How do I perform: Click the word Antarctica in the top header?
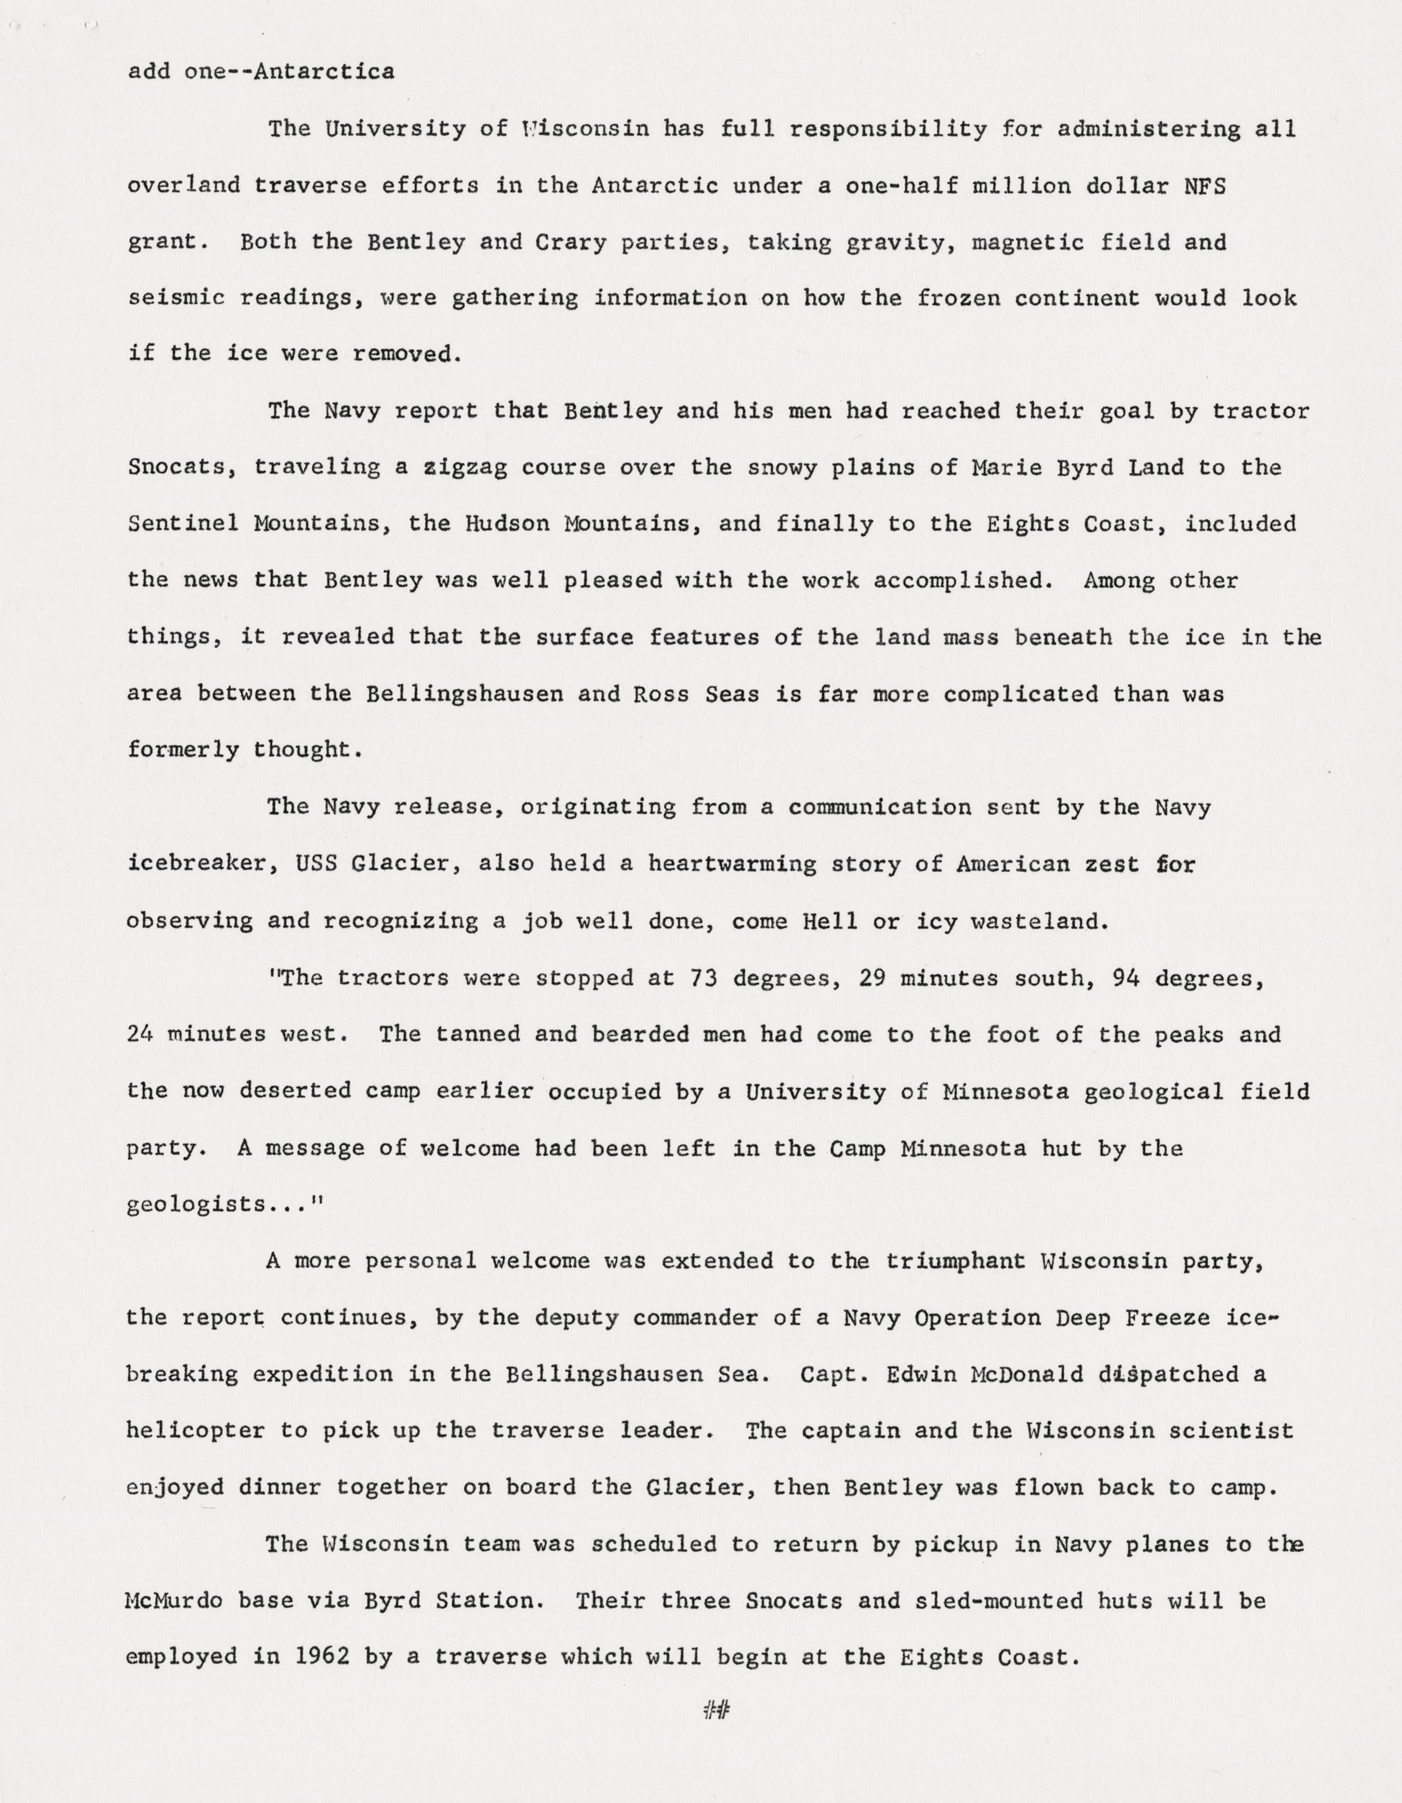(323, 72)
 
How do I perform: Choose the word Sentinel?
(183, 523)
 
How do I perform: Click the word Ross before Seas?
(661, 693)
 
